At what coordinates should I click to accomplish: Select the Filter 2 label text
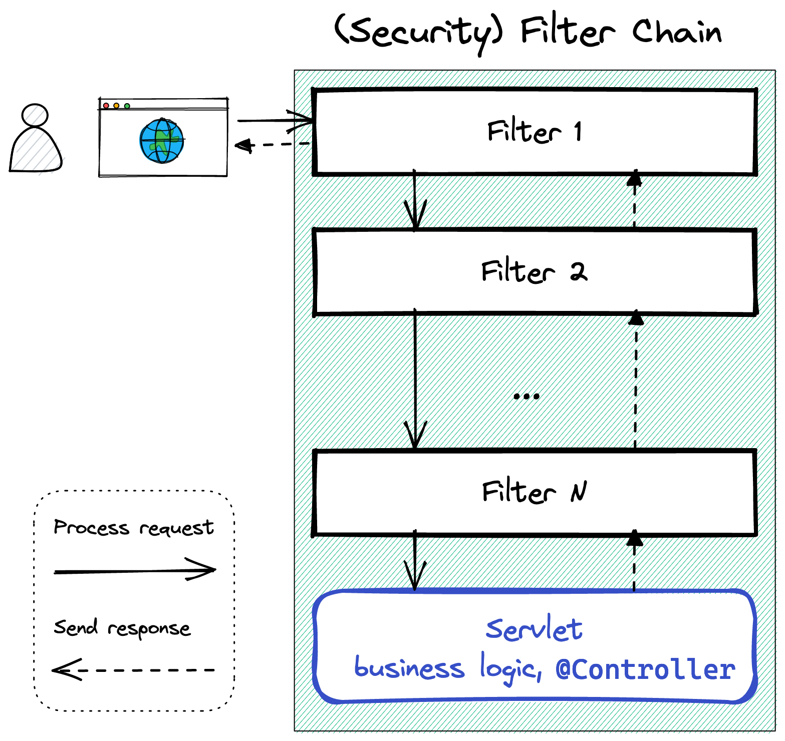pos(534,272)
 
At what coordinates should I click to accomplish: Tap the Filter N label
pos(534,492)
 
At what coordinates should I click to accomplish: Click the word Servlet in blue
pos(534,629)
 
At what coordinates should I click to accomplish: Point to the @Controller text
pos(645,669)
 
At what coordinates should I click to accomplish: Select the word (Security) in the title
pos(418,32)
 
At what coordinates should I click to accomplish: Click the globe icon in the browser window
pos(161,141)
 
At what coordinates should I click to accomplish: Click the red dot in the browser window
pos(106,106)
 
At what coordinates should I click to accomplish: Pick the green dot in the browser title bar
pos(127,106)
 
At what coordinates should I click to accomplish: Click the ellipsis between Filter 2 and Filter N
pos(527,396)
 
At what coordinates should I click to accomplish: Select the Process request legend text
pos(134,528)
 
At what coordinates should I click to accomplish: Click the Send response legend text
pos(122,628)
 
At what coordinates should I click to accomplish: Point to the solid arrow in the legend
pos(134,571)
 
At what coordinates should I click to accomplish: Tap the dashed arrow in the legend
pos(133,670)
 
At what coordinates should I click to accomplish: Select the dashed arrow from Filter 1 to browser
pos(273,145)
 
